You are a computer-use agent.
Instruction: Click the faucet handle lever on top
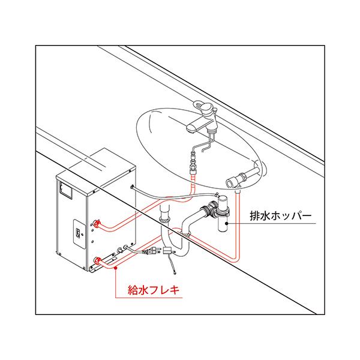tap(206, 107)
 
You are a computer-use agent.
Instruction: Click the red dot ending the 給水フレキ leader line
tap(115, 271)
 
